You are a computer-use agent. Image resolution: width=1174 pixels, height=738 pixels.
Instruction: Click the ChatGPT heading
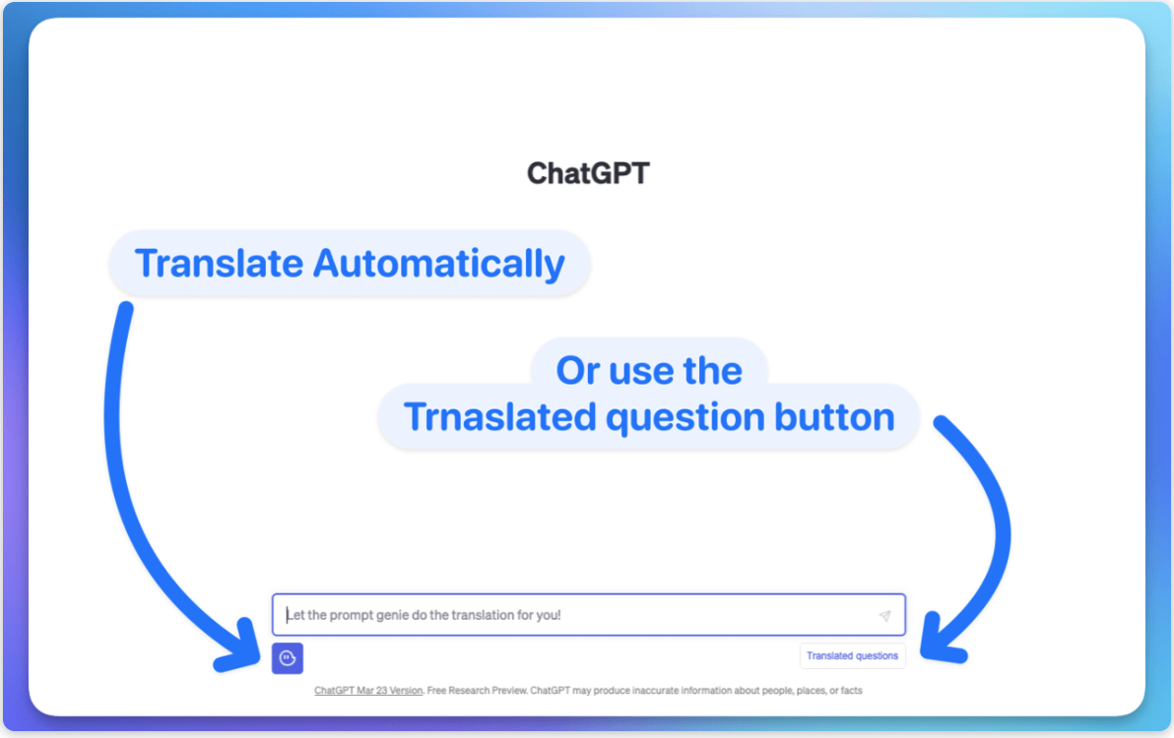(588, 173)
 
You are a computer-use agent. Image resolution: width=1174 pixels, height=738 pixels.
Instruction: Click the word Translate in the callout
(219, 263)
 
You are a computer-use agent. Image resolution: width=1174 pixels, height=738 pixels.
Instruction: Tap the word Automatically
(438, 264)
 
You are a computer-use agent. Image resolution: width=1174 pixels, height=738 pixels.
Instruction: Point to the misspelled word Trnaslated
(499, 416)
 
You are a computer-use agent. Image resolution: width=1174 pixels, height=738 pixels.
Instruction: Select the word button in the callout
(834, 416)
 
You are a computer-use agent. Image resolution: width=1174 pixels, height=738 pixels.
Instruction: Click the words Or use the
(649, 371)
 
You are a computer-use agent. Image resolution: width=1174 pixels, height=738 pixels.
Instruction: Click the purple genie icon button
(288, 658)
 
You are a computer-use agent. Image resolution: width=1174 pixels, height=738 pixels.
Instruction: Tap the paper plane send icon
(884, 616)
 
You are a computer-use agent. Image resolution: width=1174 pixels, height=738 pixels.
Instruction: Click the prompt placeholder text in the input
(424, 615)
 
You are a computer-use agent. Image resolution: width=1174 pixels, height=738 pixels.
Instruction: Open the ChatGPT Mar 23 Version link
(368, 691)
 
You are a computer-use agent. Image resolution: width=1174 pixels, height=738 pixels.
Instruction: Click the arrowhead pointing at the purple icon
(240, 646)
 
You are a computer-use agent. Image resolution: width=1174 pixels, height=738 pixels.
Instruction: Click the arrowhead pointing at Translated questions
(941, 640)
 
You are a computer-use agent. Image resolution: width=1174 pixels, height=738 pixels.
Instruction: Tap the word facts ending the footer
(851, 691)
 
